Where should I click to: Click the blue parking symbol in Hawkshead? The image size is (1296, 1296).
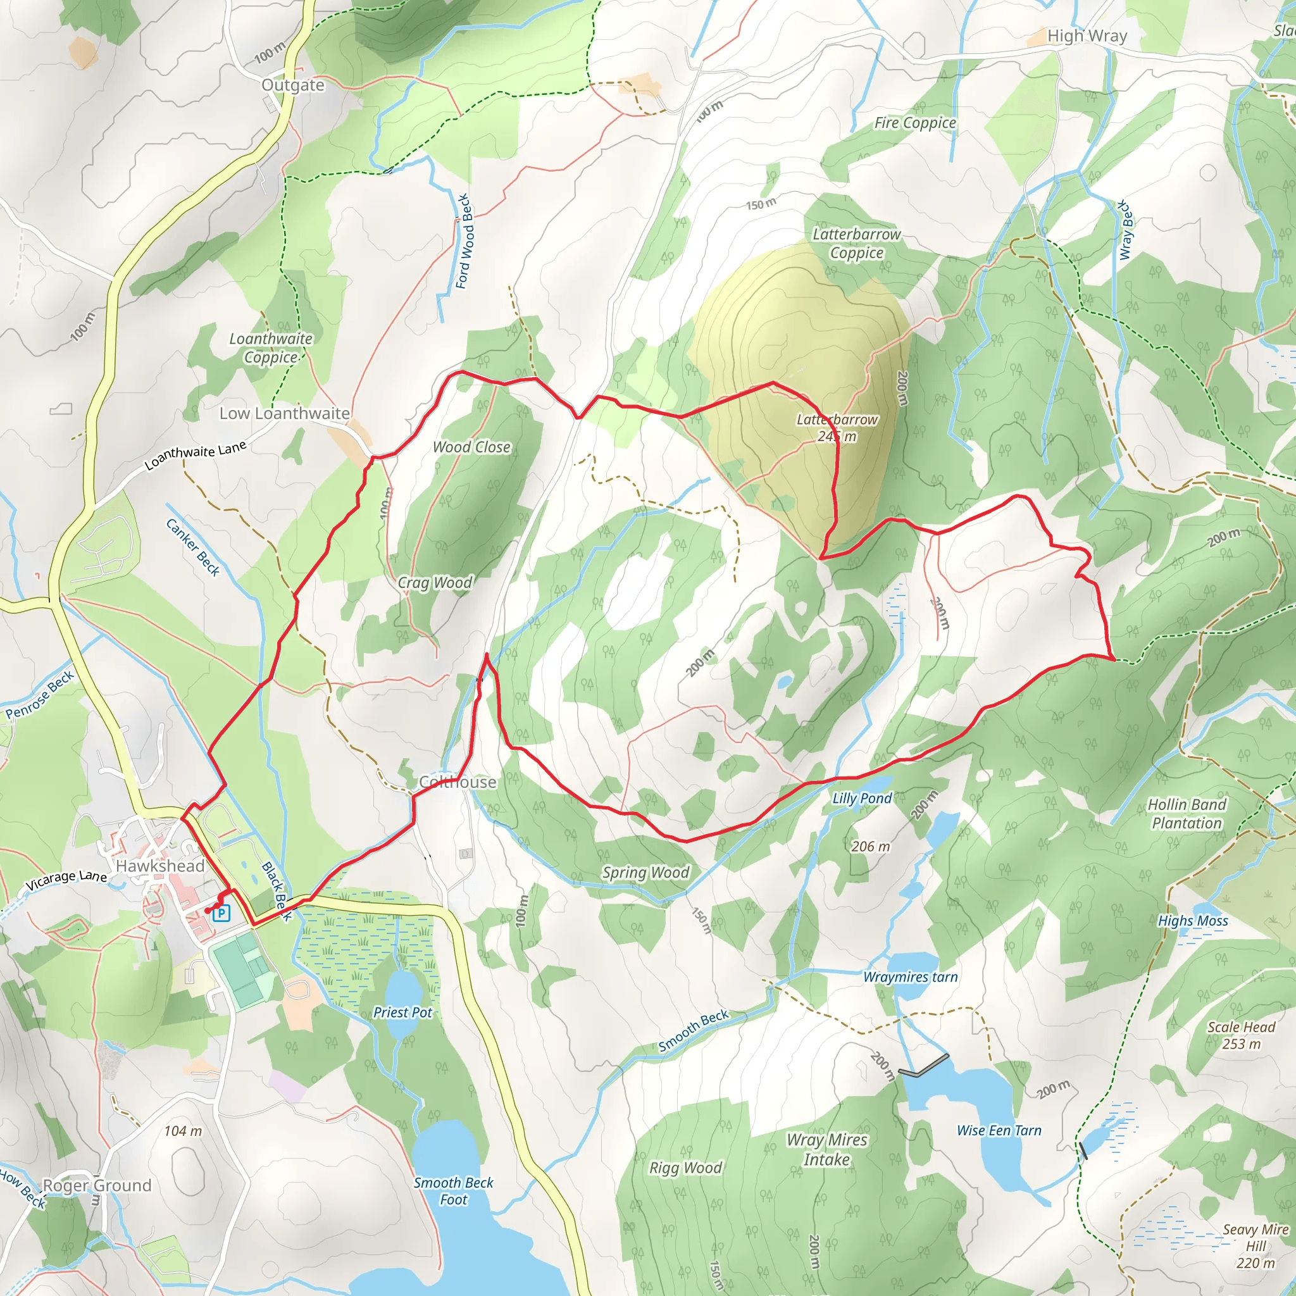point(221,913)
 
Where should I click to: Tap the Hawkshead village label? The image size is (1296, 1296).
point(159,866)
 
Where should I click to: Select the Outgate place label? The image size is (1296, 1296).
point(292,85)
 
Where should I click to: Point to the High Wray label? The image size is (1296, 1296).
point(1087,36)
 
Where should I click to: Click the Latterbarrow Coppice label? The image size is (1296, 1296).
point(857,244)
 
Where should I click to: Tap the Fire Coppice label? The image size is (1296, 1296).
point(914,123)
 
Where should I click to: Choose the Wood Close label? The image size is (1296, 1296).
point(471,447)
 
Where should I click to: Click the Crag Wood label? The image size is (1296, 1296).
point(435,582)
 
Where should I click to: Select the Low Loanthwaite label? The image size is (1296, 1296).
point(284,413)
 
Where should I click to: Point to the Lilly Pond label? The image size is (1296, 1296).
point(862,798)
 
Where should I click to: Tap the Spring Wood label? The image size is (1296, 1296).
point(645,872)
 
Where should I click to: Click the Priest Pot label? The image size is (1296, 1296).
point(402,1012)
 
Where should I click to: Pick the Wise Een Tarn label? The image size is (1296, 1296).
point(999,1130)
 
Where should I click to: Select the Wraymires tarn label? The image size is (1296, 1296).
point(910,976)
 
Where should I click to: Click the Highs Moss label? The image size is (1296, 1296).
point(1193,921)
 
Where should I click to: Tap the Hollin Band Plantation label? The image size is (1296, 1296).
point(1187,814)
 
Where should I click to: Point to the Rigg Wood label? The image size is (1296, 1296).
point(685,1168)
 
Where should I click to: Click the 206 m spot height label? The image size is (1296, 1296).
point(870,847)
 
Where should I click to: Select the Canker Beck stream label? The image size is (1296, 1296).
point(193,547)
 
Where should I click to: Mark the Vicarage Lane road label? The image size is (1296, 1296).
point(66,880)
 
